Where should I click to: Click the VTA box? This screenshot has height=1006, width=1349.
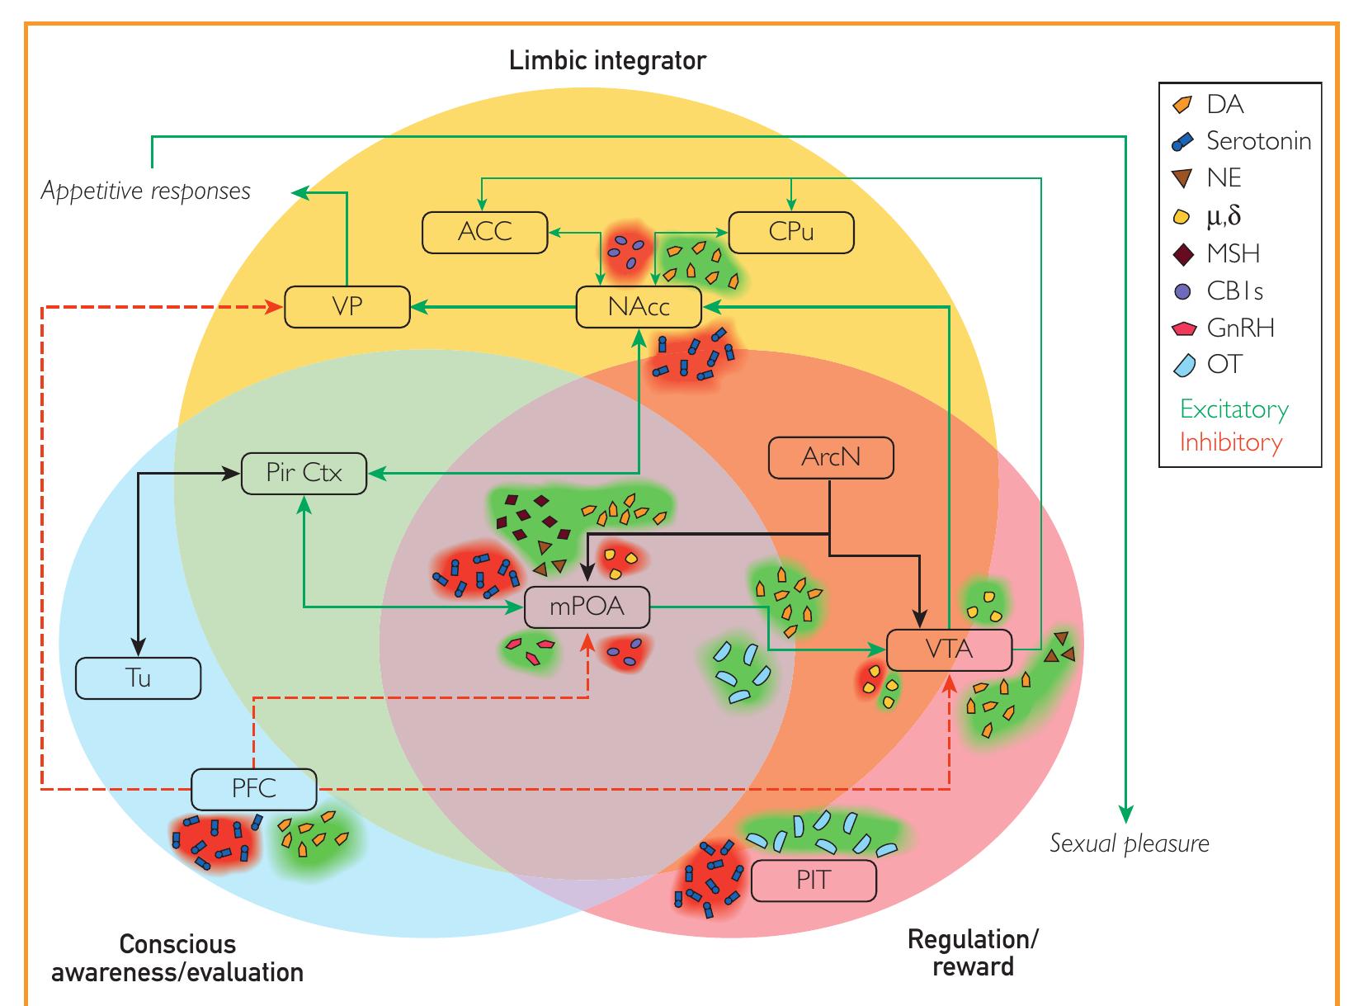click(949, 649)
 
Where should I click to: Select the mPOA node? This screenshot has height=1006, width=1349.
click(587, 607)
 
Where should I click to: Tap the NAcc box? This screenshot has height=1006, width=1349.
click(639, 307)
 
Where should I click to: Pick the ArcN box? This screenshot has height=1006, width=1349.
click(831, 457)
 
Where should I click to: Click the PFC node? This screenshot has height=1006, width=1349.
click(254, 788)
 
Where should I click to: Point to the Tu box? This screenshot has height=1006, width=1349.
click(139, 678)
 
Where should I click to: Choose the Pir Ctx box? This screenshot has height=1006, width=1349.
click(304, 474)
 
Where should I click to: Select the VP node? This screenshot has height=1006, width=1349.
click(347, 306)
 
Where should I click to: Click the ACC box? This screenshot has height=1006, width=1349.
click(485, 232)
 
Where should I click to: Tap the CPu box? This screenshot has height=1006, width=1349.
click(791, 232)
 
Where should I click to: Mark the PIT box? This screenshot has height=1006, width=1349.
click(814, 881)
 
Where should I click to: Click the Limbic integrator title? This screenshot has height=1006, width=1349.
click(607, 61)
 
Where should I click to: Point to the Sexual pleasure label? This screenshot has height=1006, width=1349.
click(1129, 843)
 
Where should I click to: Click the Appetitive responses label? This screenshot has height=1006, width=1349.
click(146, 191)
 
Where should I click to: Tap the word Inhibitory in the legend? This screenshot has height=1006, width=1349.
click(1230, 442)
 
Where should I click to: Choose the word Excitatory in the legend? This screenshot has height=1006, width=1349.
click(1233, 409)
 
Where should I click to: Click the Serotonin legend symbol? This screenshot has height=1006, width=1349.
click(1182, 142)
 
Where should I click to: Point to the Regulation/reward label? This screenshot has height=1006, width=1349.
click(973, 952)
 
